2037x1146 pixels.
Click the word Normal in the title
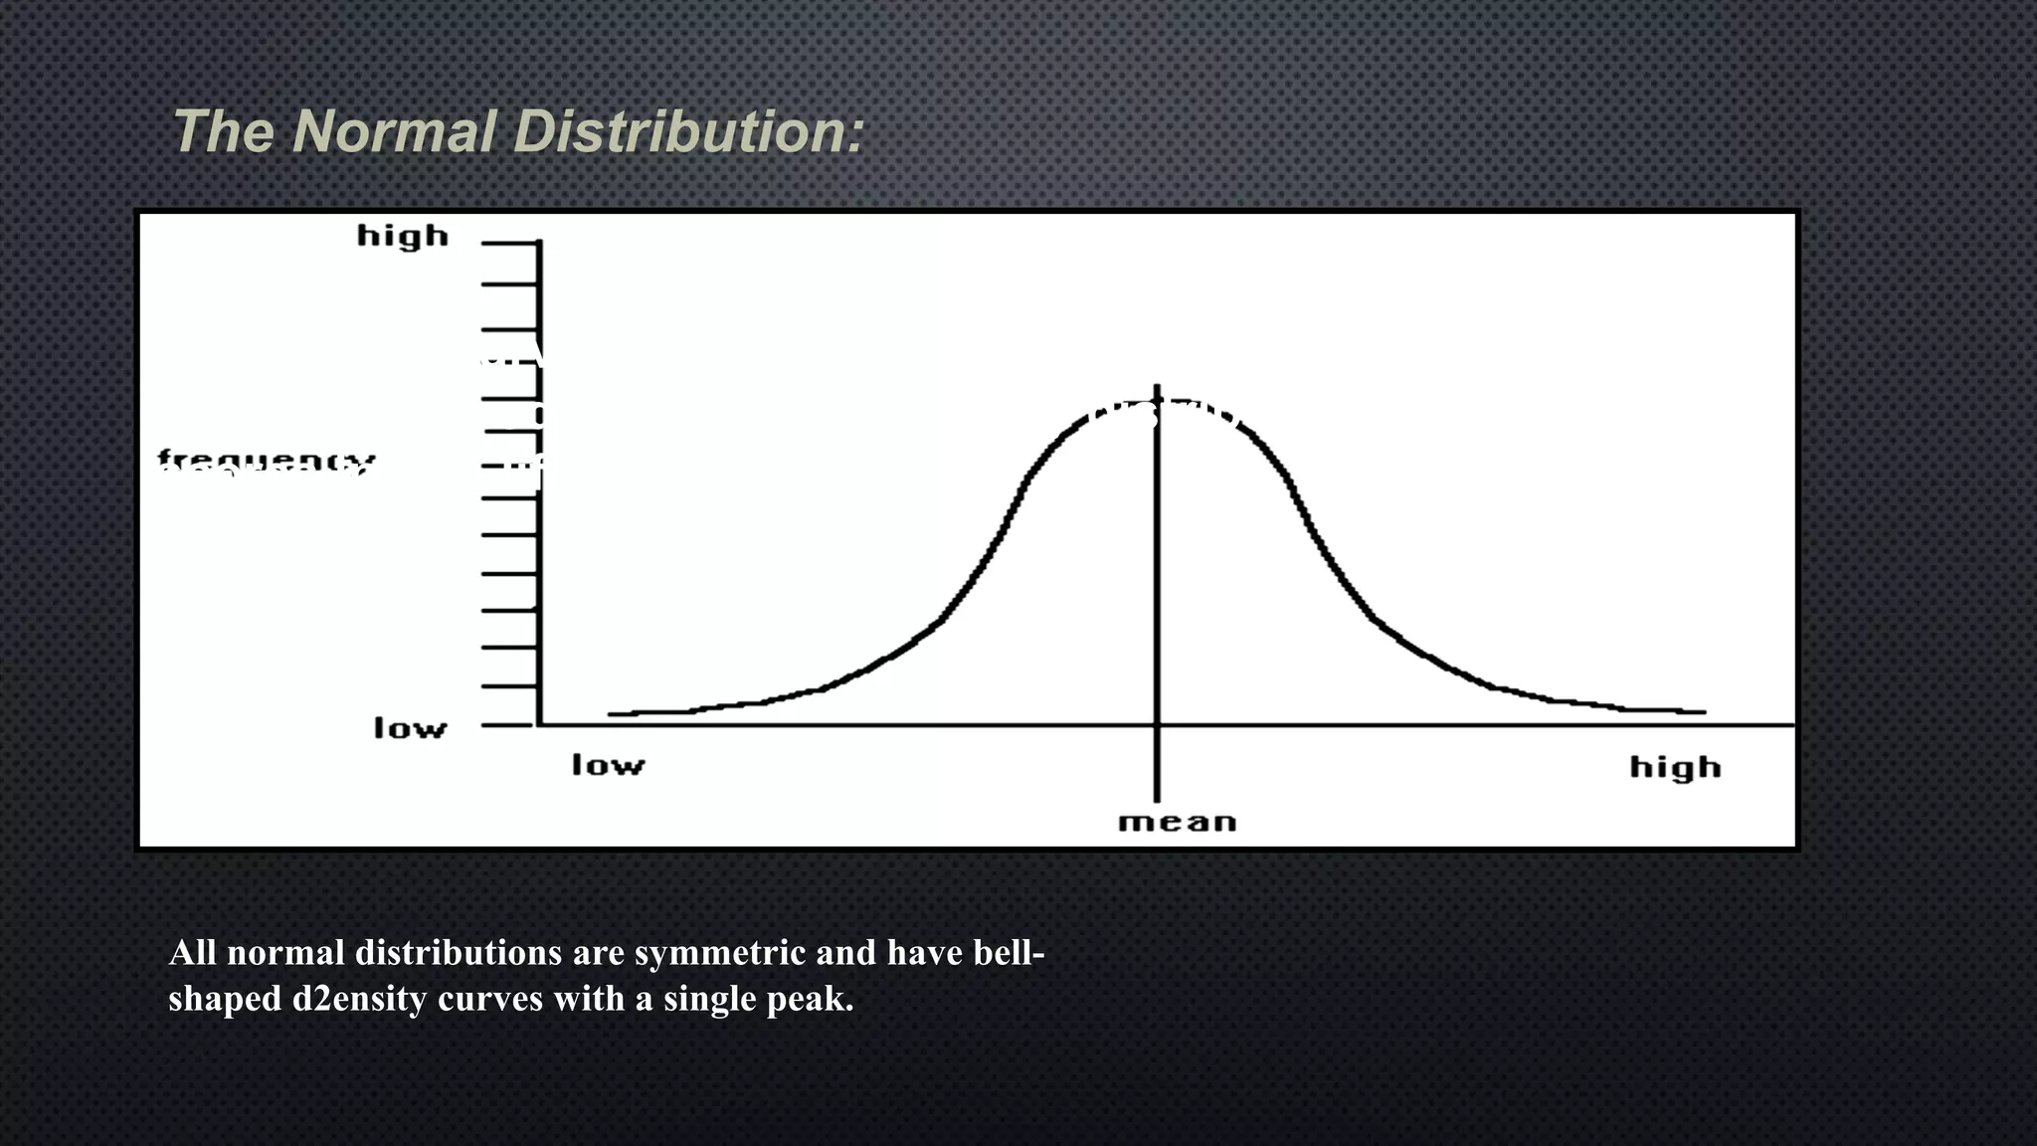[394, 131]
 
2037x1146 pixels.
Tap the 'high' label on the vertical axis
[403, 237]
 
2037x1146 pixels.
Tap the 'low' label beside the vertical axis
[410, 728]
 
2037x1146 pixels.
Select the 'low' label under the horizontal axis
[608, 765]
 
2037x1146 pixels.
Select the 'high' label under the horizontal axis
[1675, 767]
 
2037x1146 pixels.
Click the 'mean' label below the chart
[1177, 823]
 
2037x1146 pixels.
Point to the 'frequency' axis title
[267, 462]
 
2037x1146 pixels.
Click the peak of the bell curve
[1158, 400]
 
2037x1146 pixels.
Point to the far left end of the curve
[612, 713]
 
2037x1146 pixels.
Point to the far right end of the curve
[1703, 711]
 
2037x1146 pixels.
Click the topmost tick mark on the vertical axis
[509, 243]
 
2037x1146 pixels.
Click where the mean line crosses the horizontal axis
[1157, 725]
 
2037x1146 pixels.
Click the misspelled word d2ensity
[359, 999]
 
